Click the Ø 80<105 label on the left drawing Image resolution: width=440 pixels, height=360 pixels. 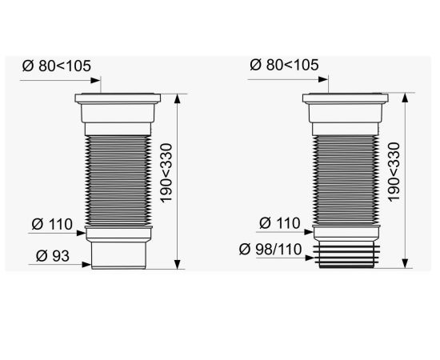(x=57, y=66)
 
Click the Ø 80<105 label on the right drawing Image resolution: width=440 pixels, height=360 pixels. (x=284, y=65)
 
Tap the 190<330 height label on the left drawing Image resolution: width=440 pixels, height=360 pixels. (x=166, y=173)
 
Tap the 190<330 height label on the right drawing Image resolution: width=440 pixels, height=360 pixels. (x=394, y=172)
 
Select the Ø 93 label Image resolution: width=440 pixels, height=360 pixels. (x=53, y=256)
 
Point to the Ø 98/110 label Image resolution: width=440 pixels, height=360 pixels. (x=270, y=249)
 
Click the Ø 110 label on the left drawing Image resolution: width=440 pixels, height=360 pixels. (x=52, y=224)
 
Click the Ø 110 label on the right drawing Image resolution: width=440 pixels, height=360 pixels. (x=280, y=223)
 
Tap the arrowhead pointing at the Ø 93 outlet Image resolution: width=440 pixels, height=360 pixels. (x=86, y=264)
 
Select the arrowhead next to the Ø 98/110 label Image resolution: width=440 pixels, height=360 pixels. (x=310, y=258)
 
